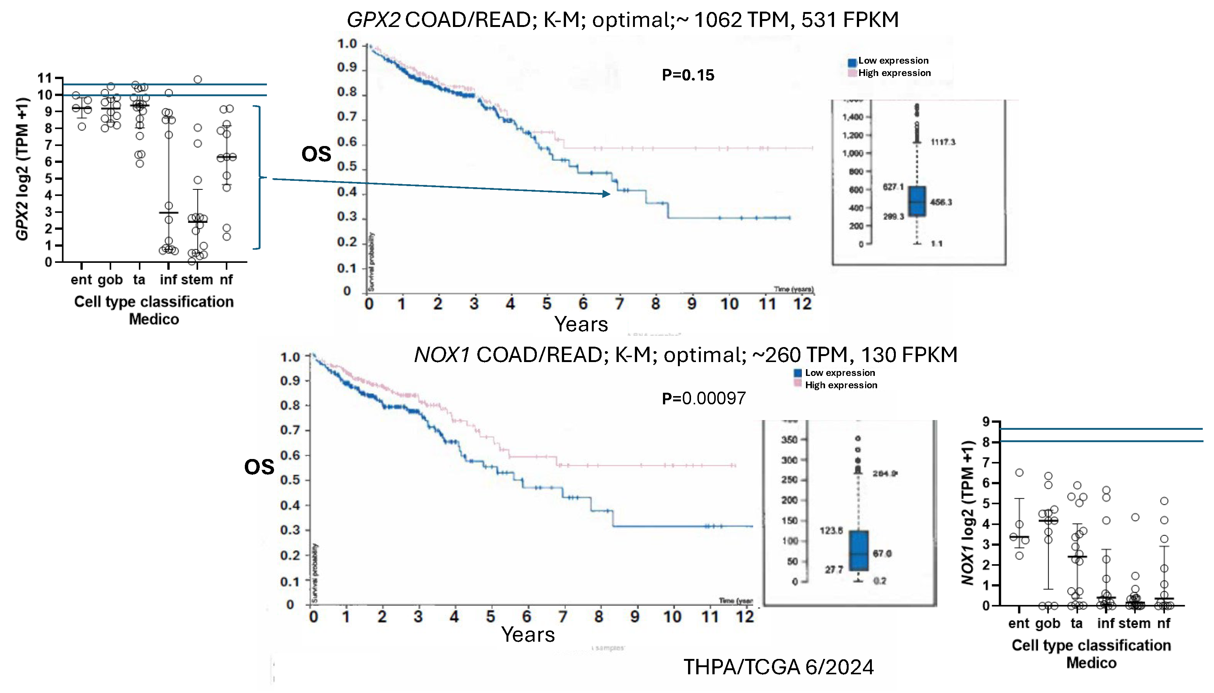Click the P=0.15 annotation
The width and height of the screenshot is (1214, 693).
(688, 75)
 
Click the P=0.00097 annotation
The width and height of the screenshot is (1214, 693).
(703, 398)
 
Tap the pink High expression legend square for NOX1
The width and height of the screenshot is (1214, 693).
(798, 384)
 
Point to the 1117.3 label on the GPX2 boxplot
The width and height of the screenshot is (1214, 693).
(942, 142)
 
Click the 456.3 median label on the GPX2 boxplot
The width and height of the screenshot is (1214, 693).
(940, 202)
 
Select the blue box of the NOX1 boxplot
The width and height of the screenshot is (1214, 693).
(858, 550)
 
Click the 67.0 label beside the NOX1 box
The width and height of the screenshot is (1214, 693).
(882, 554)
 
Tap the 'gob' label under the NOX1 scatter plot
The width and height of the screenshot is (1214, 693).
(1047, 623)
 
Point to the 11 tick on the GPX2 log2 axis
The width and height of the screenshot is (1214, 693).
(45, 78)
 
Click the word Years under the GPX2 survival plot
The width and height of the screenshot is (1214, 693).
(581, 325)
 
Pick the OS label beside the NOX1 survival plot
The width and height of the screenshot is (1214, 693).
(259, 467)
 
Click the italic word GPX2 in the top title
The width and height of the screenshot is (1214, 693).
(373, 20)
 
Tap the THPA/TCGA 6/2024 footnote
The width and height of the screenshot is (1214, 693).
(778, 667)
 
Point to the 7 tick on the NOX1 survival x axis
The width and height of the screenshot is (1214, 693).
(563, 617)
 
